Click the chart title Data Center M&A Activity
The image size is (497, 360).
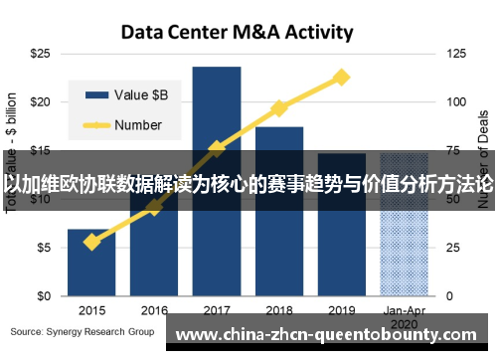(237, 31)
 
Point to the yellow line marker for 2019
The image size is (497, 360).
(342, 77)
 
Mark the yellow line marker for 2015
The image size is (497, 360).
(91, 242)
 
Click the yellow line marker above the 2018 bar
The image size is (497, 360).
(279, 107)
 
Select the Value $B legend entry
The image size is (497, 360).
(129, 94)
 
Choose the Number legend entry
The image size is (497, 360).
(129, 125)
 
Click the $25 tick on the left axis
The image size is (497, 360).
(41, 53)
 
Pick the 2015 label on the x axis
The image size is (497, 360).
(91, 309)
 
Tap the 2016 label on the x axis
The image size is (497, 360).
(154, 309)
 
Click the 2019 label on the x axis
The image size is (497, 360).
(342, 309)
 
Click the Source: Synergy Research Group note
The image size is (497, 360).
(83, 330)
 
